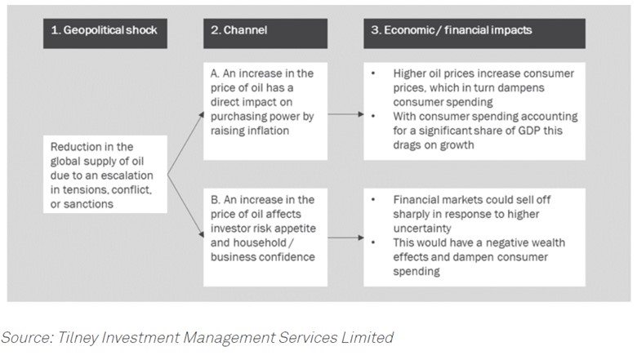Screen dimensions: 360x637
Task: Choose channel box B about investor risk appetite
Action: [265, 238]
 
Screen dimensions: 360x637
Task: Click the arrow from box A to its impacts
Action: [345, 115]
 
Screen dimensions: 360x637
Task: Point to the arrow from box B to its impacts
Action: [345, 238]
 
